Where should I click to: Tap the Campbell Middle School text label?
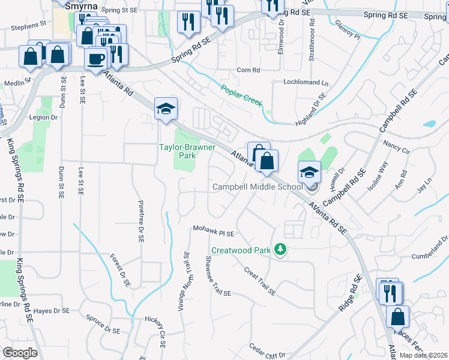[258, 187]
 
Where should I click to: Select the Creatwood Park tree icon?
[279, 248]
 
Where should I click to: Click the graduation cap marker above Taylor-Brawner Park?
[166, 109]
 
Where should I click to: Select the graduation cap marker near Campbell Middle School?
[309, 172]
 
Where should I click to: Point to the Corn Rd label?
[248, 70]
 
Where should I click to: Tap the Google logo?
[20, 353]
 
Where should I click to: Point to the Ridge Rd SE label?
[349, 292]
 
